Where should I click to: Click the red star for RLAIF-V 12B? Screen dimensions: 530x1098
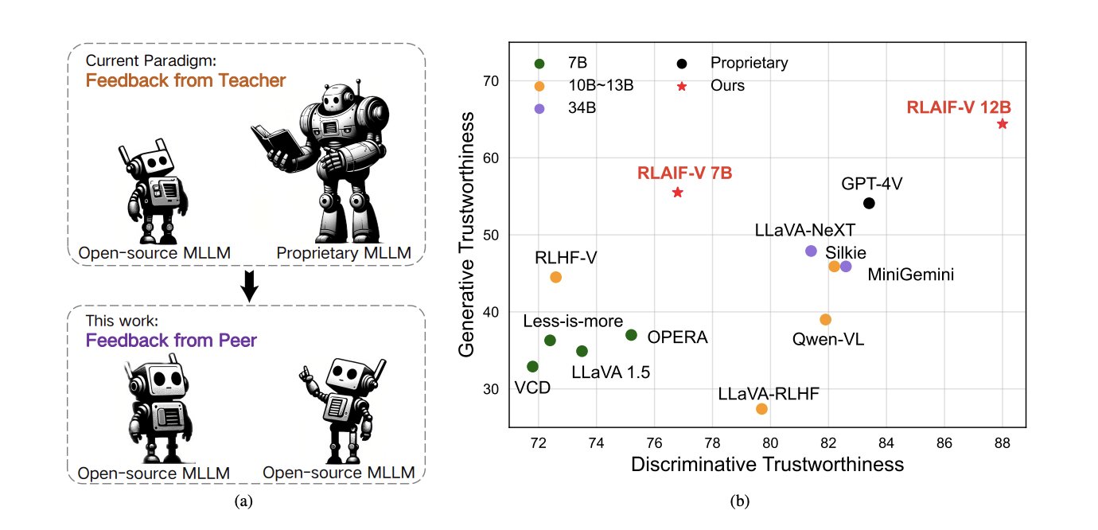click(1002, 123)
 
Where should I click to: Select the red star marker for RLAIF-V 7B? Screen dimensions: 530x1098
click(677, 193)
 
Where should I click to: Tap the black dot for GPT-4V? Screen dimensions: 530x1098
click(869, 203)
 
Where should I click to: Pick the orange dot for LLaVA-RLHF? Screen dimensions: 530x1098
click(761, 408)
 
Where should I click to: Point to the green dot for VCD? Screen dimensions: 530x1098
click(532, 366)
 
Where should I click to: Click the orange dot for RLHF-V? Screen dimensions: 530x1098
click(555, 277)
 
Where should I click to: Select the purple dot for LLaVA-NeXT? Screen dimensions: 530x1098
click(811, 251)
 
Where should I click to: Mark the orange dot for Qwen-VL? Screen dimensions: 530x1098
click(825, 319)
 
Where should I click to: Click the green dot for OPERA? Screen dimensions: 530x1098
click(631, 335)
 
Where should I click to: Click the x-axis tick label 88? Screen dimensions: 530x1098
click(1002, 442)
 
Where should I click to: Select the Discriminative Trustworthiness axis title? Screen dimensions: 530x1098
click(767, 465)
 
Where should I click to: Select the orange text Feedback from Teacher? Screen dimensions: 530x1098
click(185, 80)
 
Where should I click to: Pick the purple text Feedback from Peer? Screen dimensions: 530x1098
click(171, 341)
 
